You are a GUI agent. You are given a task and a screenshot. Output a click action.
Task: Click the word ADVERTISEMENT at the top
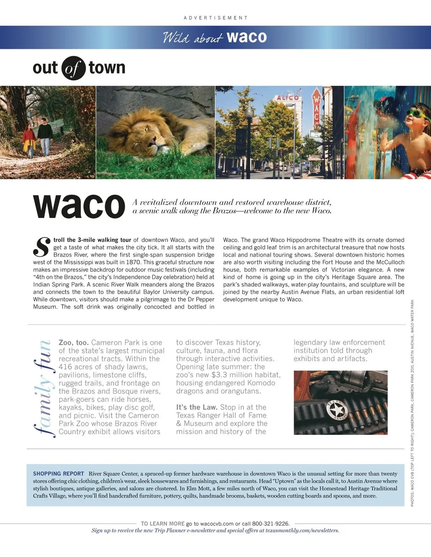(215, 18)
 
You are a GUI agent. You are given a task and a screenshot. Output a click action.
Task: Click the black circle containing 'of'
(73, 68)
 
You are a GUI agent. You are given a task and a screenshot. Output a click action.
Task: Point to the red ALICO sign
(288, 97)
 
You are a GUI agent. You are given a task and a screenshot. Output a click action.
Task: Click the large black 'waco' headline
(79, 206)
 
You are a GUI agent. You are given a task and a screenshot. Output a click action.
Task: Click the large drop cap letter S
(42, 247)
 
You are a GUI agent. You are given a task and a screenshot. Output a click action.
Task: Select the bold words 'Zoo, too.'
(73, 342)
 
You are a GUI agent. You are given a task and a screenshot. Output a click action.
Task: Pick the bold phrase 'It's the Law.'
(197, 407)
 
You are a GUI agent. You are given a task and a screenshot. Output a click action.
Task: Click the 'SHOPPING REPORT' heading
(58, 474)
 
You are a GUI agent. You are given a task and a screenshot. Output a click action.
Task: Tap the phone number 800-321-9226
(271, 523)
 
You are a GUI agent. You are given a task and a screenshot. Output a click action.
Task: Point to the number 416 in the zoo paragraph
(66, 367)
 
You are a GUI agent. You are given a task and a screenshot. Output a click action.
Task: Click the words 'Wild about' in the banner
(193, 38)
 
